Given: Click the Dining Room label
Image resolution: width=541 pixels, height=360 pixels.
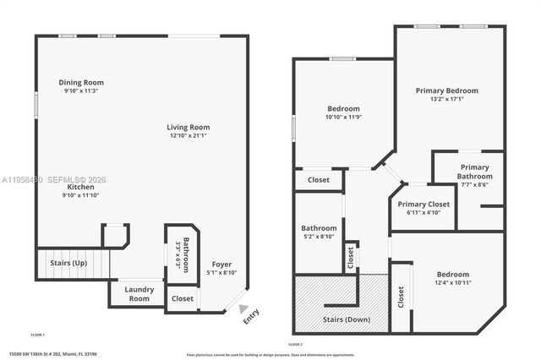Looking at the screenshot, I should click(x=81, y=82).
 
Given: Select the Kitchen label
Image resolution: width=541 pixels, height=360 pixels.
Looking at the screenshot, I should click(x=81, y=187).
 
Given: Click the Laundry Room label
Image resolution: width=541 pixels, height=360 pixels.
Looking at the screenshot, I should click(x=139, y=294).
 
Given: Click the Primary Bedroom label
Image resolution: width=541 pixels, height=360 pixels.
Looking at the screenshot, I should click(x=447, y=90).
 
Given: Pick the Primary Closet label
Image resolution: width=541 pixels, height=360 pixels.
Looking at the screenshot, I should click(x=424, y=204).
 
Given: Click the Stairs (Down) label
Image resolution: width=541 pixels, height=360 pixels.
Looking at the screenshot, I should click(x=347, y=320).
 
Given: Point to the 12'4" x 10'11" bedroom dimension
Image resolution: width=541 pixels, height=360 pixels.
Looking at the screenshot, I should click(x=453, y=283).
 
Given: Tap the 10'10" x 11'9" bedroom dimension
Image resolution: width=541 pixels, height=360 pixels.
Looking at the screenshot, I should click(x=343, y=117).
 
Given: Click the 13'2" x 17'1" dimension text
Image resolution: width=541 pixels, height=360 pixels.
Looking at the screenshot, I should click(x=447, y=99).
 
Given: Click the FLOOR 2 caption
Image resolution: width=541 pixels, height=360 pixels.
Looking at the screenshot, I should click(x=295, y=345).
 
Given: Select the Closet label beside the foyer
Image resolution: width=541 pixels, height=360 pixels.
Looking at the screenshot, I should click(x=182, y=298).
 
